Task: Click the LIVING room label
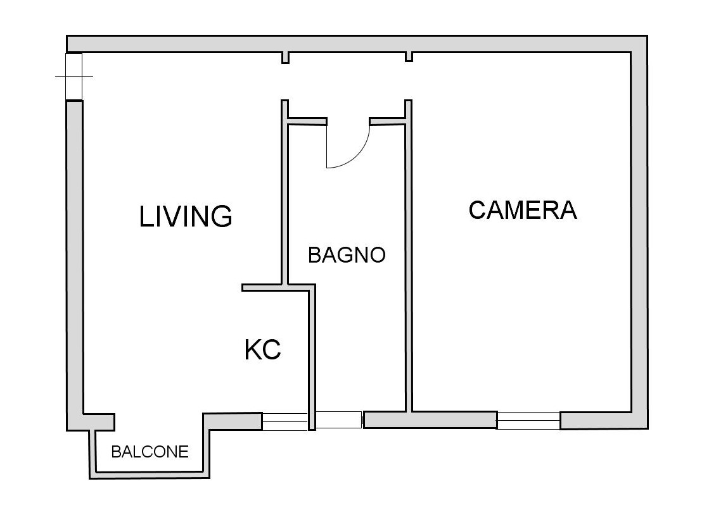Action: (186, 216)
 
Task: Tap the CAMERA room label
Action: (523, 210)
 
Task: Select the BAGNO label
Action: (347, 255)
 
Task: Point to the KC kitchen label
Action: (263, 350)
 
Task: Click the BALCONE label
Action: (150, 452)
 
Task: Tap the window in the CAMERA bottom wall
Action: (528, 421)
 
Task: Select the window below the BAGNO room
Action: (339, 420)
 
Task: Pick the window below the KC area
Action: (285, 421)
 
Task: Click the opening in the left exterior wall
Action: (74, 76)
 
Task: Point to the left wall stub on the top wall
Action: (285, 58)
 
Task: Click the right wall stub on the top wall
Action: (409, 56)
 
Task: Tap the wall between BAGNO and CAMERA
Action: (408, 256)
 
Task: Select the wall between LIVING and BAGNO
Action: (285, 192)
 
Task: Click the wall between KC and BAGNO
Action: (312, 357)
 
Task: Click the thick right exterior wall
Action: (639, 232)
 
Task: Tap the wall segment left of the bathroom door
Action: (307, 121)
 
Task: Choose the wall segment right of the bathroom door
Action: (388, 121)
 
